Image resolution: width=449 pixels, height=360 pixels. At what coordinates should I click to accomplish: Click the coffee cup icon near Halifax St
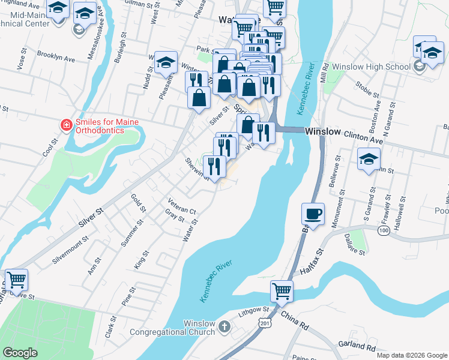coord(314,214)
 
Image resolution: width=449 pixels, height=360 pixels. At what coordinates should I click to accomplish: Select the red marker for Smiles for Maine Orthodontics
coord(67,124)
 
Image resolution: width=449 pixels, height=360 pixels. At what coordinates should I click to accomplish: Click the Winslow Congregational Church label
coord(182,328)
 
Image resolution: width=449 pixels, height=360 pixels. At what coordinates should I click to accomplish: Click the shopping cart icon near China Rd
coord(282,292)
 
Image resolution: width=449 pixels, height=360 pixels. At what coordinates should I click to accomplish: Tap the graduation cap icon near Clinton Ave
coord(369,160)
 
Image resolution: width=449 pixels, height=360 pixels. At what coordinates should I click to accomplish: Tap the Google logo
coord(20,353)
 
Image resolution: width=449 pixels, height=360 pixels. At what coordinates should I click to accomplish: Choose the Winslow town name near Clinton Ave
coord(322,131)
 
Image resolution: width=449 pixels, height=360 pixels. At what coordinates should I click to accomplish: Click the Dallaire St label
coord(358,247)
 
